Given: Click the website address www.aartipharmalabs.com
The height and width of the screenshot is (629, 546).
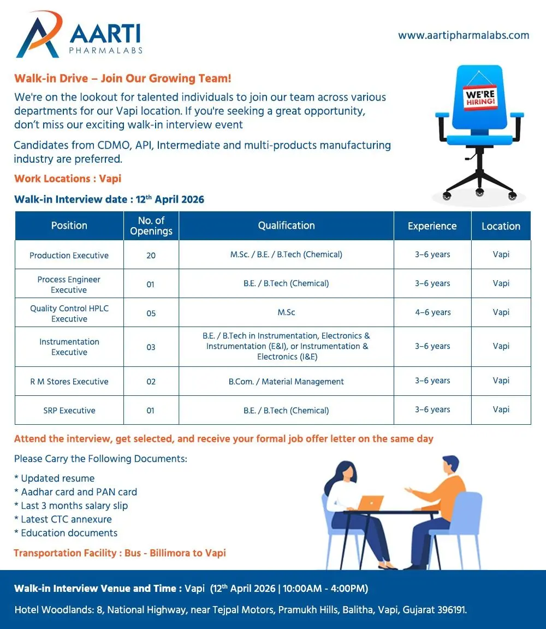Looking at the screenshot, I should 464,35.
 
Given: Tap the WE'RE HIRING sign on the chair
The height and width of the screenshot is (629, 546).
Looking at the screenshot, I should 480,98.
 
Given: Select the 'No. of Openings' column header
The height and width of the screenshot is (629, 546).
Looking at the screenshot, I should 151,226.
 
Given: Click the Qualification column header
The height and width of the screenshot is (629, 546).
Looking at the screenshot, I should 286,226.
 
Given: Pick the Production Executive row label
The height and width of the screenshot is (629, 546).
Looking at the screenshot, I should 69,256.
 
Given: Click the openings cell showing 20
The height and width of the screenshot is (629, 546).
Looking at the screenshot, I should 151,256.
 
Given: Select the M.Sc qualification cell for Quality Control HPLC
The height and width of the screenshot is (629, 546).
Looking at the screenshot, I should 286,312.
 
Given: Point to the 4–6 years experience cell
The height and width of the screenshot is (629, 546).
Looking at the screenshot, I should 432,312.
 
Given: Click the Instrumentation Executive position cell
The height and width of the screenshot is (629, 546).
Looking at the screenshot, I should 69,347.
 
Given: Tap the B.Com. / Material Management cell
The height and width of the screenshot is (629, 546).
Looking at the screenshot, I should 286,382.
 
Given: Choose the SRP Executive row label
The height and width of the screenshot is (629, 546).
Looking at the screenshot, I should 69,411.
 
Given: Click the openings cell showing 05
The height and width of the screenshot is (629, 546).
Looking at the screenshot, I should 151,313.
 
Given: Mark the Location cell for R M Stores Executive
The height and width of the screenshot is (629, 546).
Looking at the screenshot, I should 501,381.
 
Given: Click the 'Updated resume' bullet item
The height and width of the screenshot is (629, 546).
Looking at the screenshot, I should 55,478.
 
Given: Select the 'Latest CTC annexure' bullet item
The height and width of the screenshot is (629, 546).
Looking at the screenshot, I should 63,519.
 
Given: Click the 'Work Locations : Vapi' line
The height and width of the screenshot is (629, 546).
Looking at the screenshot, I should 68,179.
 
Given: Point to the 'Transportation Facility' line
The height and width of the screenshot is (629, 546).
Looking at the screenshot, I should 120,553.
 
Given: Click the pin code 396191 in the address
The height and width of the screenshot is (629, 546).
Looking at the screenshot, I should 452,610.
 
